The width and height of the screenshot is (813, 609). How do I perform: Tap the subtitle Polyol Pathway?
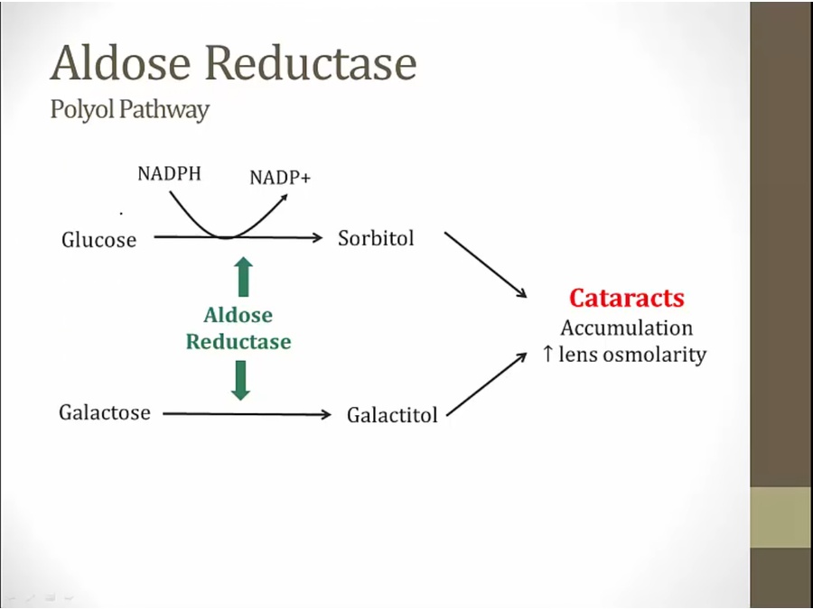(129, 110)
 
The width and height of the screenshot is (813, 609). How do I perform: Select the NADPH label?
(169, 174)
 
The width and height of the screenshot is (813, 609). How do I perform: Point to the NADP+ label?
(280, 178)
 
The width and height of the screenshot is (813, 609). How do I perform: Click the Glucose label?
(98, 240)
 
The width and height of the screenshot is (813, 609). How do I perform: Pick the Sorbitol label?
(376, 239)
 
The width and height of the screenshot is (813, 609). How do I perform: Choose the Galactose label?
(105, 413)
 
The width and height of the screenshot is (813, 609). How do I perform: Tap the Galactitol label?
(392, 416)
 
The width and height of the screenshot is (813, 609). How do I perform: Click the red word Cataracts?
(627, 299)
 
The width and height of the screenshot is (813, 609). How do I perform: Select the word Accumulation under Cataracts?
(627, 328)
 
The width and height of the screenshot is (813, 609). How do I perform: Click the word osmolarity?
(654, 355)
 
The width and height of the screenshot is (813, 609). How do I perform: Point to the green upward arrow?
(242, 276)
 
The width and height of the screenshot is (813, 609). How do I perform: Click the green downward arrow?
(240, 380)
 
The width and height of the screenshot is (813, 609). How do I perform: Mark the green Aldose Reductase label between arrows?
(238, 328)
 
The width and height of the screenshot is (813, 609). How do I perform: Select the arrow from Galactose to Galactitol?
(248, 415)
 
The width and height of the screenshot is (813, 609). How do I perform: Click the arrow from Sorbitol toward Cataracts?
(485, 264)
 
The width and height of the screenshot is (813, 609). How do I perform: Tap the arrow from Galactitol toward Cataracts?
(487, 384)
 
